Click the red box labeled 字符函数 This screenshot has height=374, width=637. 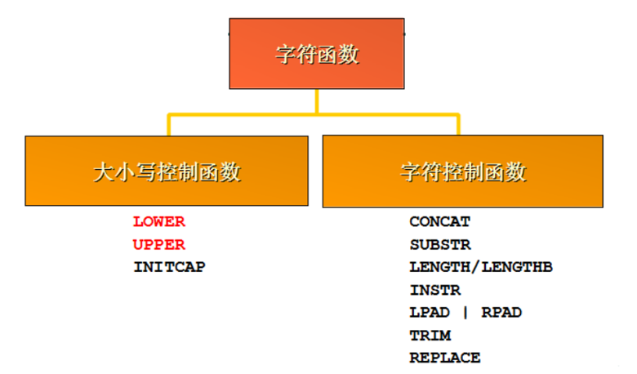tap(316, 54)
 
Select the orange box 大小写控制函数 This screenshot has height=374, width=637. tap(167, 171)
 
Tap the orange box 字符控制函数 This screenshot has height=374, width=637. tap(463, 171)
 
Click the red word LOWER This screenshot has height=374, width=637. tap(159, 221)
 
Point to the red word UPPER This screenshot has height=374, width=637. tap(159, 244)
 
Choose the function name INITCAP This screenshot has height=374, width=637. tap(169, 267)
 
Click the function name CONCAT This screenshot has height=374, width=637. tap(440, 221)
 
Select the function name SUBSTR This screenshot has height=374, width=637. tap(440, 244)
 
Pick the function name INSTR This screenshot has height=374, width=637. tap(435, 290)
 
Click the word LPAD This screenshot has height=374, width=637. tap(430, 313)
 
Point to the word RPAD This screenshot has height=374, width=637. tap(501, 313)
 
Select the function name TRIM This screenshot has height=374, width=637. tap(430, 336)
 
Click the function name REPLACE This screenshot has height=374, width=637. tap(445, 358)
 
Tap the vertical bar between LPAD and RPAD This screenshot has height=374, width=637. tap(465, 313)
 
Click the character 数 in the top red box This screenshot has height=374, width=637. tap(349, 55)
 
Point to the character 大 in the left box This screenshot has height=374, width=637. tap(103, 171)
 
